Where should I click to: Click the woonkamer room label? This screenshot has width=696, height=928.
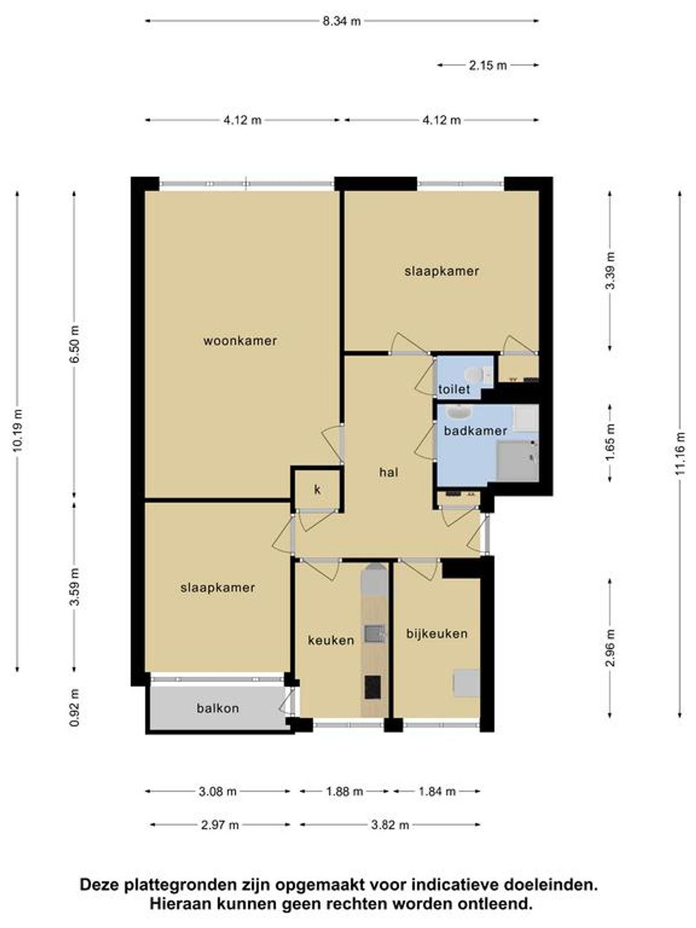point(240,341)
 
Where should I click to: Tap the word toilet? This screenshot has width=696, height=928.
point(454,389)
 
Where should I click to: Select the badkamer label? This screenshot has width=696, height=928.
point(475,431)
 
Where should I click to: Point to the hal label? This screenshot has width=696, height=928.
point(389,472)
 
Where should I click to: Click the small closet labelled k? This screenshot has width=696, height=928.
point(318,489)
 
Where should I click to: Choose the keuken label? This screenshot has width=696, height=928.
point(331,640)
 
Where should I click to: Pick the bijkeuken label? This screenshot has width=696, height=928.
point(437,633)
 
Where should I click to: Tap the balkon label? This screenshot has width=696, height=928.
point(218,708)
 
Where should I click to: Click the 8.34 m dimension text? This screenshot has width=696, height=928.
point(342,21)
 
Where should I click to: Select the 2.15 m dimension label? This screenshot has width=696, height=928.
point(488,65)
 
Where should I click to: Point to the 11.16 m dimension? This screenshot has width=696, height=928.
point(680,454)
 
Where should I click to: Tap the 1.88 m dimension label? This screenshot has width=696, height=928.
point(344,792)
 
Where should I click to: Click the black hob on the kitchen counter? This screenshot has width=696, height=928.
point(372,687)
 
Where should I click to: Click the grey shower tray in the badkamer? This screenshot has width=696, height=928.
point(517,461)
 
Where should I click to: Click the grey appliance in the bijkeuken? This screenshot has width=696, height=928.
point(467,683)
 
